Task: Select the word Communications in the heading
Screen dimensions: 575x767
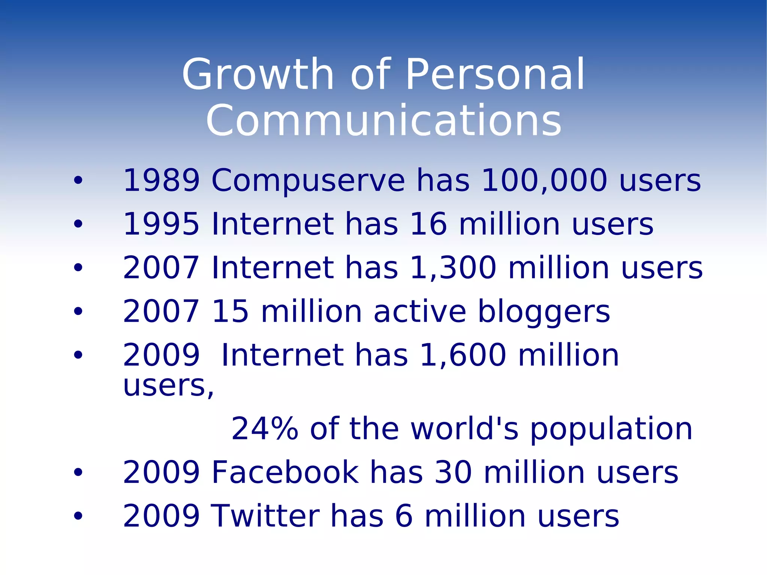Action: (x=383, y=121)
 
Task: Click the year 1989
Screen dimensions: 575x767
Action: (x=161, y=181)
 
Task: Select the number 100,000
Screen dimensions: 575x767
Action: (x=544, y=181)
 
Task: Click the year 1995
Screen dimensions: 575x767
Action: (x=161, y=224)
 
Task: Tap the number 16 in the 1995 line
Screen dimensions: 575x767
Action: (x=428, y=224)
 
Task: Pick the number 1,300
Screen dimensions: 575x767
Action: (x=453, y=267)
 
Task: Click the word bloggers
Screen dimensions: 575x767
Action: (x=544, y=312)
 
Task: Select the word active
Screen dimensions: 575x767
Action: (x=420, y=312)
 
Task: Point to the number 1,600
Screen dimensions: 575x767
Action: (x=463, y=355)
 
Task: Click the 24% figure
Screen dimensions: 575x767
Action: (x=264, y=429)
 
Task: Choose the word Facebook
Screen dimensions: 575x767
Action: (x=285, y=473)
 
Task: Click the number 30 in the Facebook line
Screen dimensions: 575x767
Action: (x=453, y=473)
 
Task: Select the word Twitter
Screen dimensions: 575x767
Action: (x=265, y=516)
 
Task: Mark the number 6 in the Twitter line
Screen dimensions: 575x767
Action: (x=404, y=516)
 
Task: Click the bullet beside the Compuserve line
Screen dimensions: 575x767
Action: (x=78, y=181)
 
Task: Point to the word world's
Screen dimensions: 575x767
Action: (x=464, y=429)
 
